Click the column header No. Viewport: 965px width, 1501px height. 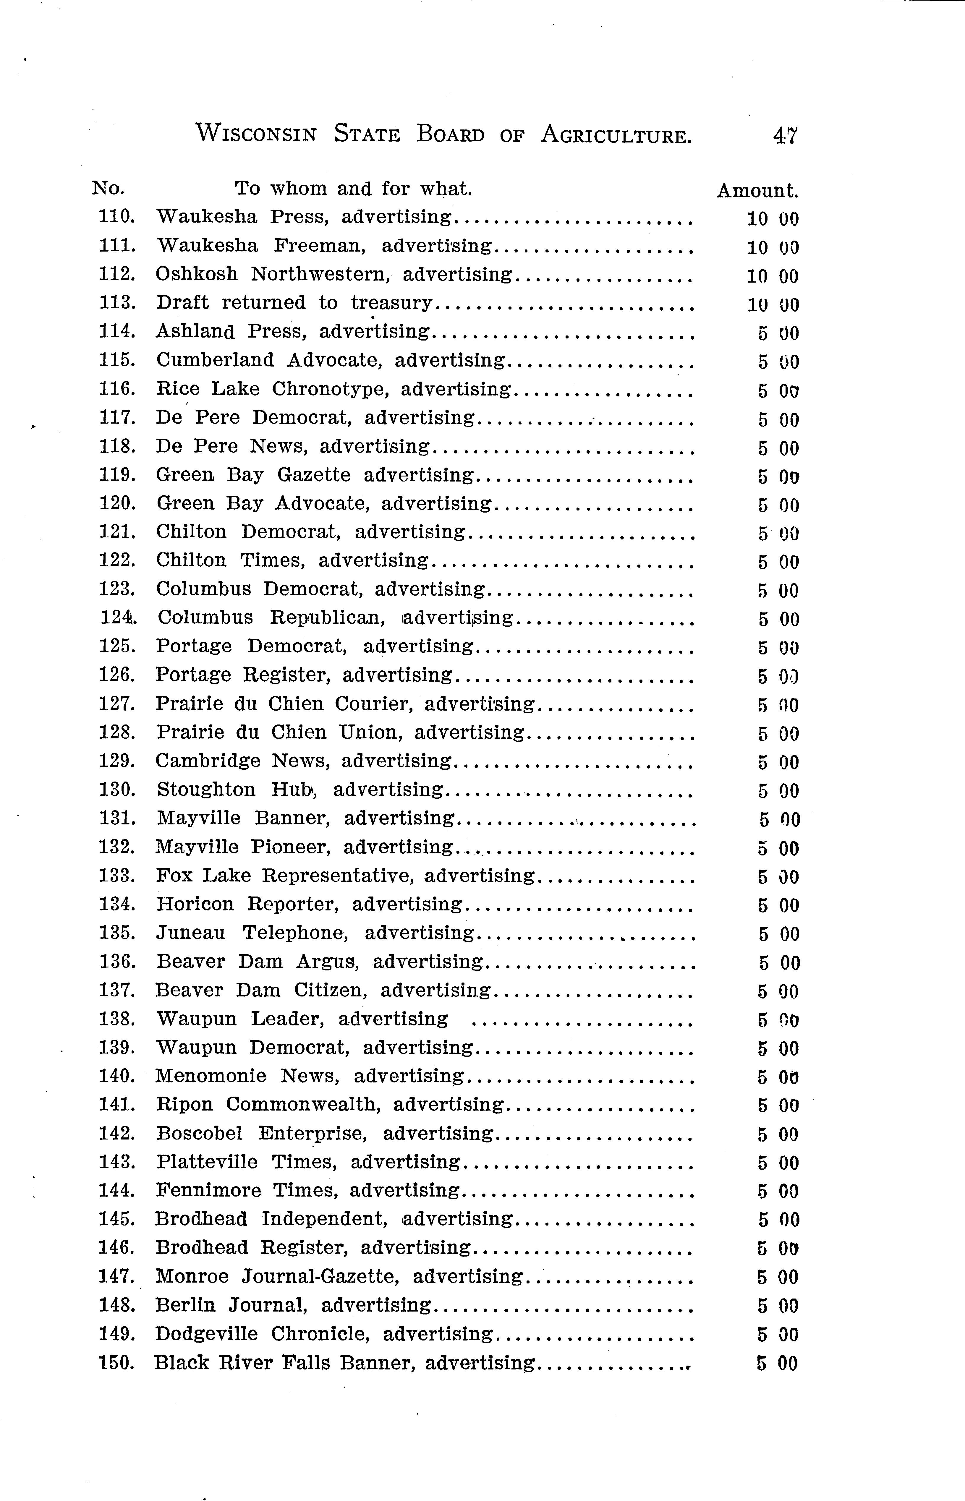pyautogui.click(x=108, y=188)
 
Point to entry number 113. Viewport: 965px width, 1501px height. pyautogui.click(x=117, y=303)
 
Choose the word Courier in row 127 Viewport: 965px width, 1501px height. pyautogui.click(x=373, y=704)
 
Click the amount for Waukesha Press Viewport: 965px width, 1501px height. pyautogui.click(x=772, y=219)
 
